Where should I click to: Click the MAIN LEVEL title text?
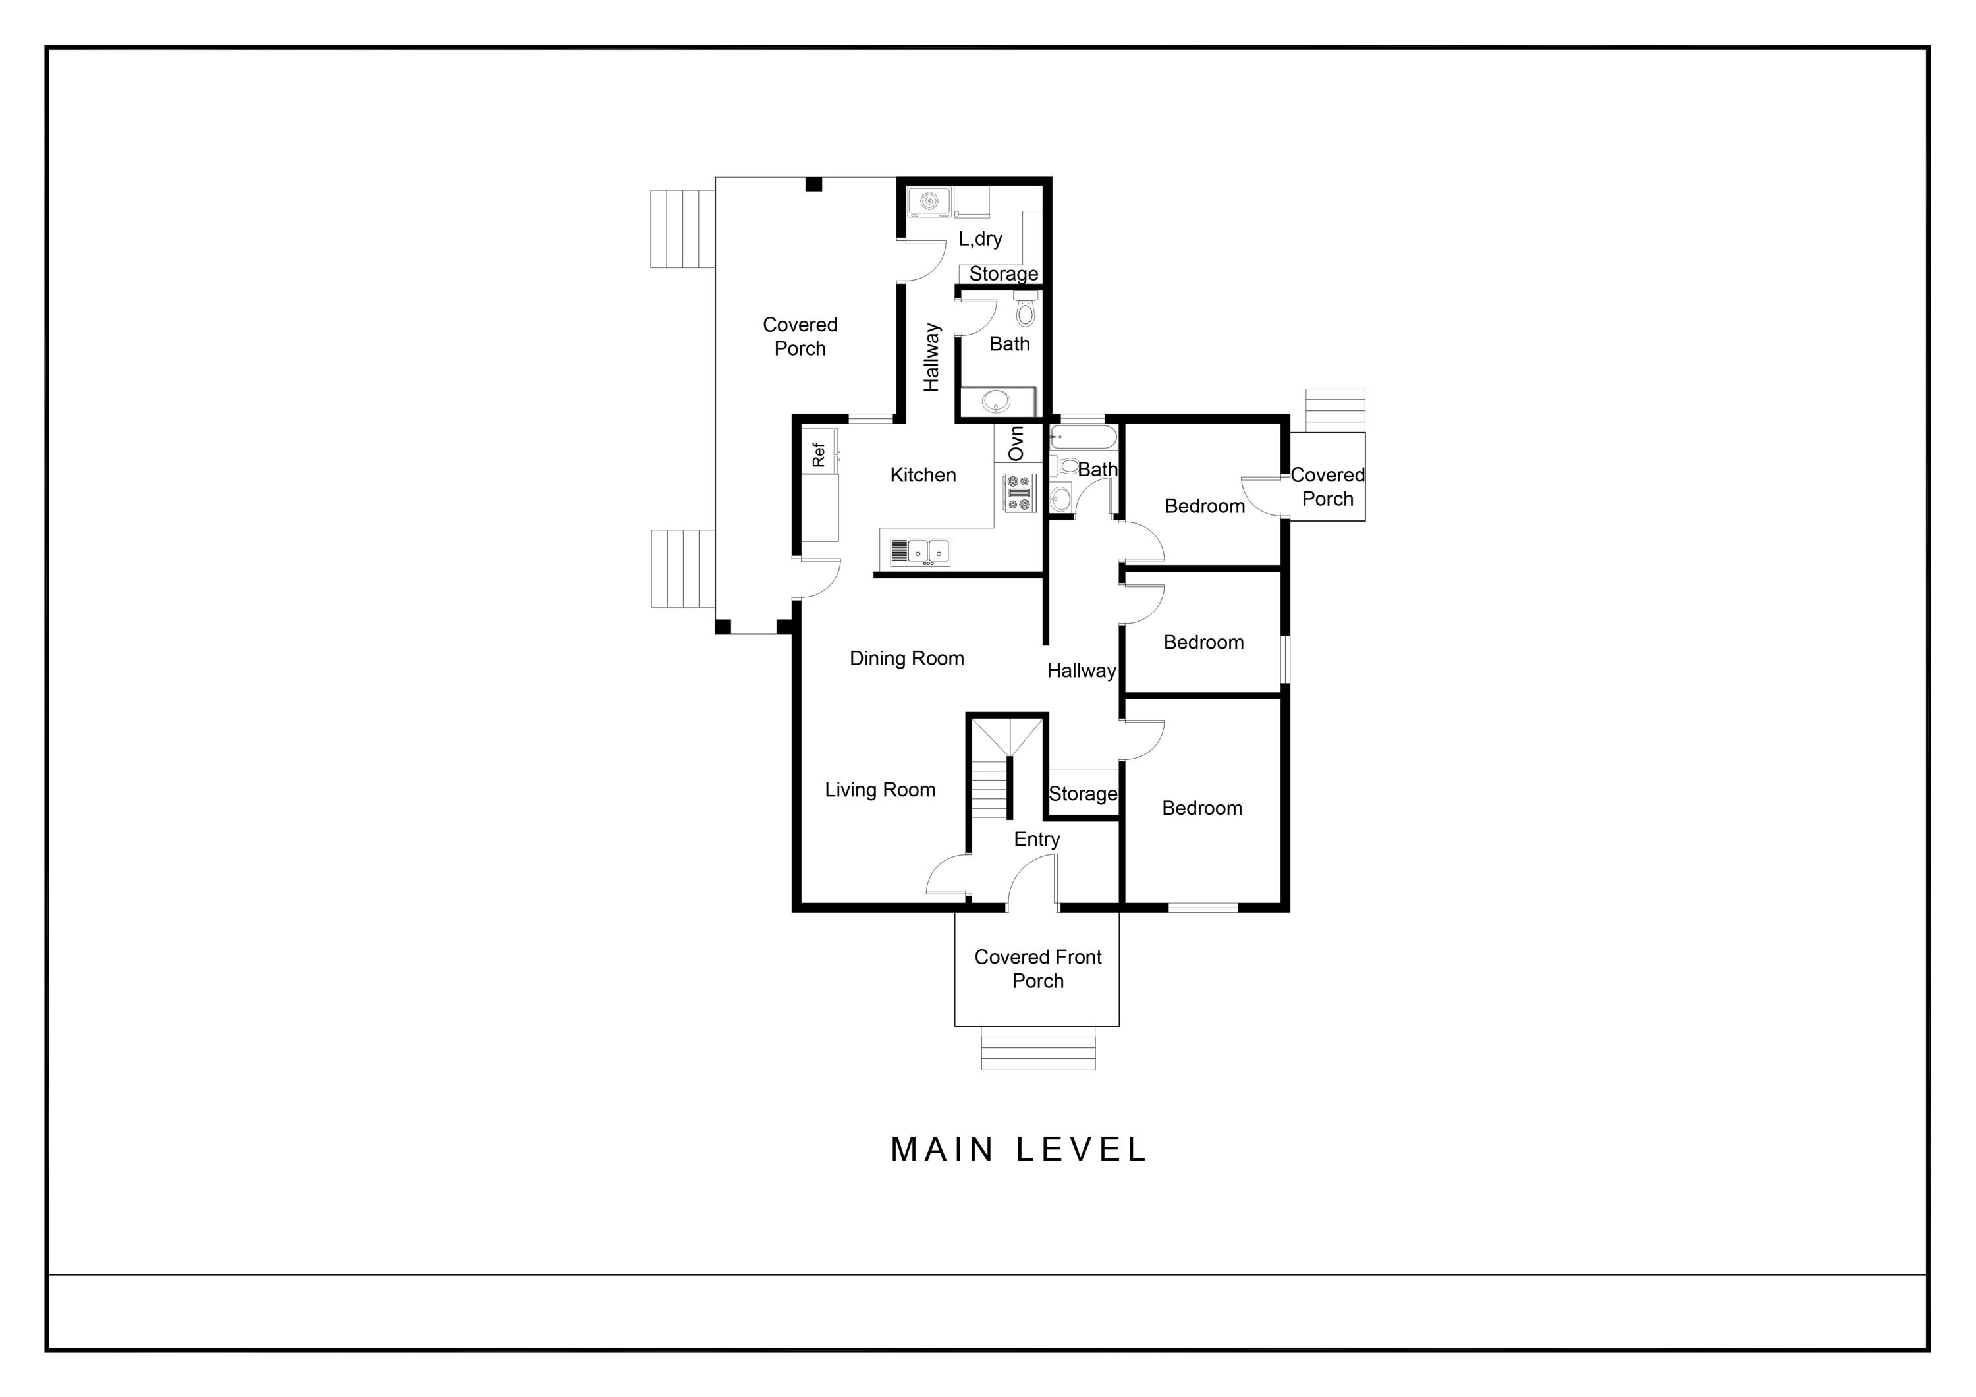(x=1018, y=1150)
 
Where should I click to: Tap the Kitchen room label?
(x=923, y=475)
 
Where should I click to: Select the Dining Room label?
(x=906, y=659)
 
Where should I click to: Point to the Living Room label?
(x=879, y=790)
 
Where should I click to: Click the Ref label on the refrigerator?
(x=819, y=454)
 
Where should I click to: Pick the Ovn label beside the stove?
(x=1016, y=443)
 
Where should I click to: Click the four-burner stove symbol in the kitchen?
(x=1019, y=493)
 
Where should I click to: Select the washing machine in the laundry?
(x=929, y=202)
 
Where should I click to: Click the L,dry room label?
(x=980, y=239)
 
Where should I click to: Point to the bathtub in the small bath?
(x=1083, y=437)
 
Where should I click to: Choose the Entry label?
(x=1036, y=839)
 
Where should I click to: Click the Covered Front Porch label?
(x=1038, y=970)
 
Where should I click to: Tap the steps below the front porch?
(x=1038, y=1049)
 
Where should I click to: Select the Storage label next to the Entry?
(x=1083, y=794)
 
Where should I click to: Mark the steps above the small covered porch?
(x=1335, y=410)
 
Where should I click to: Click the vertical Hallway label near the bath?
(x=931, y=357)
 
